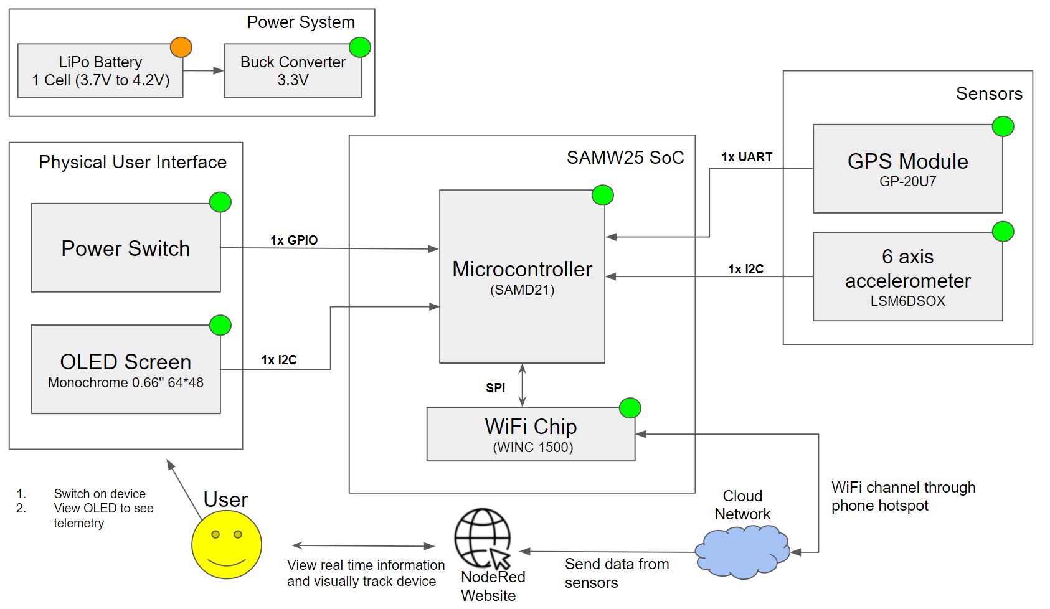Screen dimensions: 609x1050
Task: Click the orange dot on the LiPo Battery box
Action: click(x=181, y=47)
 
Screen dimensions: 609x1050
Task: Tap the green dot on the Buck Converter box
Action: click(x=360, y=47)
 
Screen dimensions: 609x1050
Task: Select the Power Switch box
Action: click(x=126, y=248)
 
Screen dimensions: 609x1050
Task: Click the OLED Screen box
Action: click(x=126, y=369)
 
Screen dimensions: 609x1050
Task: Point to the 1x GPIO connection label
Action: click(x=294, y=240)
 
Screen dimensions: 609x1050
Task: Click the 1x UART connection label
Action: click(x=747, y=157)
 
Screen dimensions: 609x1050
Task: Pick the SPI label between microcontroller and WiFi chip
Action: click(x=496, y=388)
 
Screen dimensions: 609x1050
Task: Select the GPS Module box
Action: click(x=907, y=169)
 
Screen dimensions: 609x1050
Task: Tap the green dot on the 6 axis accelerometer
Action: click(x=1003, y=232)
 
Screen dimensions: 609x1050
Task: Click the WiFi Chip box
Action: click(x=531, y=434)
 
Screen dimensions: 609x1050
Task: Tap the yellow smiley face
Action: click(x=227, y=544)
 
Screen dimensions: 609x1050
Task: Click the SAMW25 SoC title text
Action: click(x=625, y=158)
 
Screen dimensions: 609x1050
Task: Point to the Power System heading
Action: click(x=301, y=22)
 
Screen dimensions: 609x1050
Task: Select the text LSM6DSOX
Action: click(x=907, y=301)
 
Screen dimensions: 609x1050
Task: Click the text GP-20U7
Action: click(x=907, y=182)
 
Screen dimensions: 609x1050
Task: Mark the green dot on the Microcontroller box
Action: click(x=602, y=196)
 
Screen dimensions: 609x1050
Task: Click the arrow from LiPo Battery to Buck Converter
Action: click(x=204, y=71)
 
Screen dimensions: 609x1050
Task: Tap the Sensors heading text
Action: click(x=989, y=93)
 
